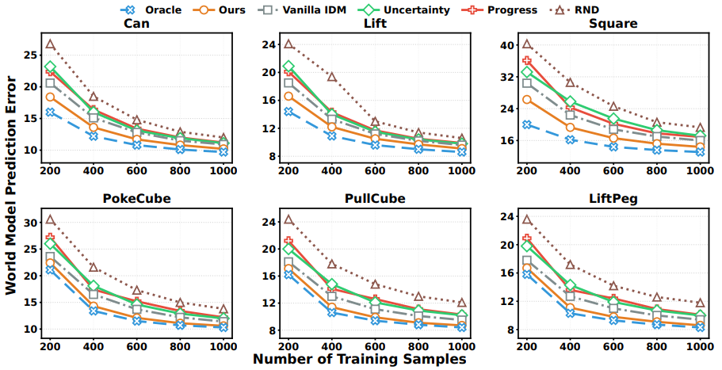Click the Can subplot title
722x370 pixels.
(x=136, y=24)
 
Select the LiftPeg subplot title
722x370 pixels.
(x=613, y=200)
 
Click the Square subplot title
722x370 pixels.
(x=613, y=24)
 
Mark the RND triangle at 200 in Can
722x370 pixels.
(x=50, y=44)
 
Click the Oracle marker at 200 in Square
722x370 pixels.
(x=526, y=124)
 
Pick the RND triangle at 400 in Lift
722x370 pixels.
(x=331, y=77)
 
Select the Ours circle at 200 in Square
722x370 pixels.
(x=526, y=100)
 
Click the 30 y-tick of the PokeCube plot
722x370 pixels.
(x=28, y=223)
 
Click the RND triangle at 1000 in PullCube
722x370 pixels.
(x=461, y=303)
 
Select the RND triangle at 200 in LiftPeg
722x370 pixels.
(x=526, y=219)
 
